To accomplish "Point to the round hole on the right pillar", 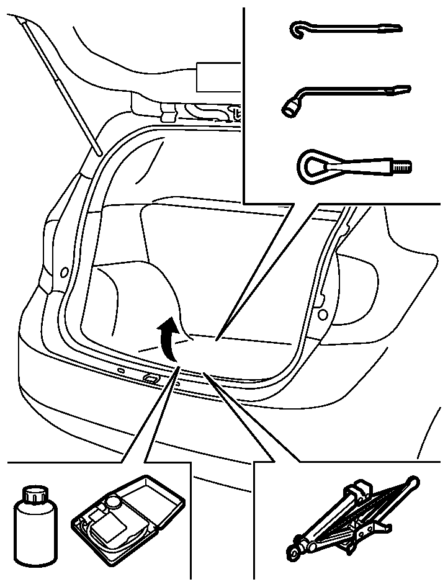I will click(x=323, y=315).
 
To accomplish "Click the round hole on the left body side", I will click(x=64, y=272).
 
